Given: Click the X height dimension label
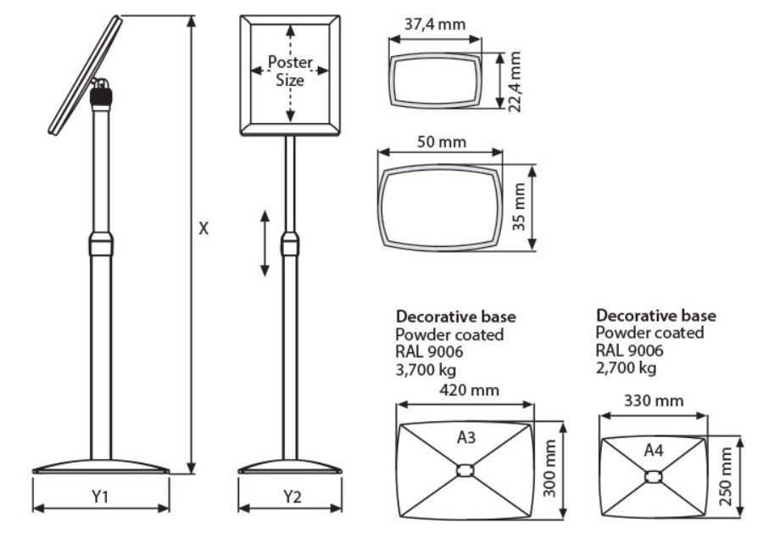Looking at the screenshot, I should coord(203,228).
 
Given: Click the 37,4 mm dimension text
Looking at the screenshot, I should coord(436,24).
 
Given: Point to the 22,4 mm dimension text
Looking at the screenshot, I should coord(515,79).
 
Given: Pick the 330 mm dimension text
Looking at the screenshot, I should coord(654,399).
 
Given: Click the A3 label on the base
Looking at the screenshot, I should coord(465,437).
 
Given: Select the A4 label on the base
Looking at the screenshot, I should coord(653,450).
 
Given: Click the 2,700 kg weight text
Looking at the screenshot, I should coord(626,368).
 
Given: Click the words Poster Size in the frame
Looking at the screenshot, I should coord(291,71).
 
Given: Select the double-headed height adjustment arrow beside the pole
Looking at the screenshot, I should coord(265,243).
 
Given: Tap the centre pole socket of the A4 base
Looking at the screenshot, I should coord(652,476).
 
